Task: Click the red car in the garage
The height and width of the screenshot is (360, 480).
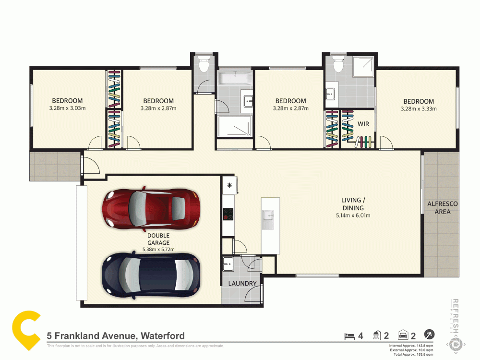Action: (151, 209)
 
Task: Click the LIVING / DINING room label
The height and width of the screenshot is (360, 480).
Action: (353, 204)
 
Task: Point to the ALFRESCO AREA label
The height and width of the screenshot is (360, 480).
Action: (442, 207)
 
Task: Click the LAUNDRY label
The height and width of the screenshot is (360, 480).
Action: (242, 284)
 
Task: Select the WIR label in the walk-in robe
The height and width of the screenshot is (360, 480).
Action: (363, 124)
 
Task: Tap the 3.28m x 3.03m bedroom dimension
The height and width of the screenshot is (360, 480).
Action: (67, 108)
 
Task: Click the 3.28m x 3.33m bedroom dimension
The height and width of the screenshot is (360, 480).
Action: (418, 109)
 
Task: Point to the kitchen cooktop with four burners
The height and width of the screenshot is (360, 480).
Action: (228, 214)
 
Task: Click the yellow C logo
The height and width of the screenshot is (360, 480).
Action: (26, 330)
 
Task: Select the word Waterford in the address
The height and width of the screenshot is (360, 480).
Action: (162, 336)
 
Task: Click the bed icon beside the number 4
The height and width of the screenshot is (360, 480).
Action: (349, 336)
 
